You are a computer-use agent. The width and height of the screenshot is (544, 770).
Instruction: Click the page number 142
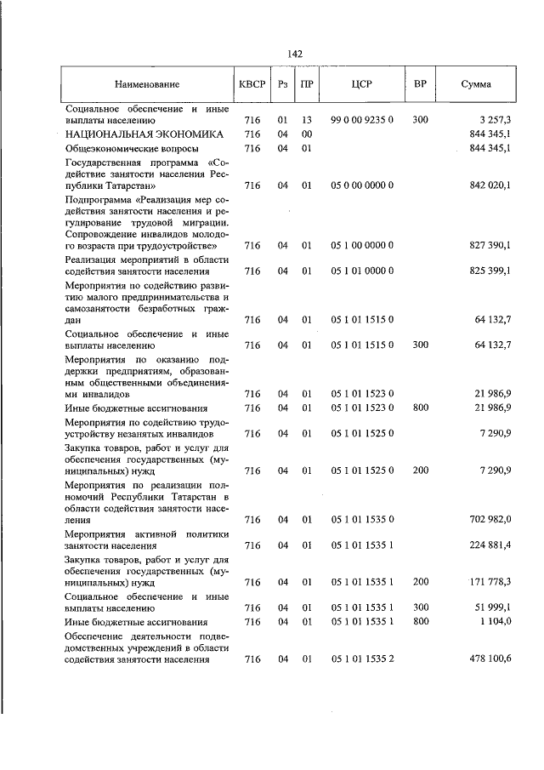point(295,54)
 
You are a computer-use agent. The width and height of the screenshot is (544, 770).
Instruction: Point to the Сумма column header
point(476,85)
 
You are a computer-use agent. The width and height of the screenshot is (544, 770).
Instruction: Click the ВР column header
point(420,85)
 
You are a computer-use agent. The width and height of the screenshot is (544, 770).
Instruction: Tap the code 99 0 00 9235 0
point(361,121)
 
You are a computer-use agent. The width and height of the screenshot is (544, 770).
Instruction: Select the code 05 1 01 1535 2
point(361,659)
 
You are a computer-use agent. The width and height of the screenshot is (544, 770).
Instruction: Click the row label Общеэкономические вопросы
point(127,148)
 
